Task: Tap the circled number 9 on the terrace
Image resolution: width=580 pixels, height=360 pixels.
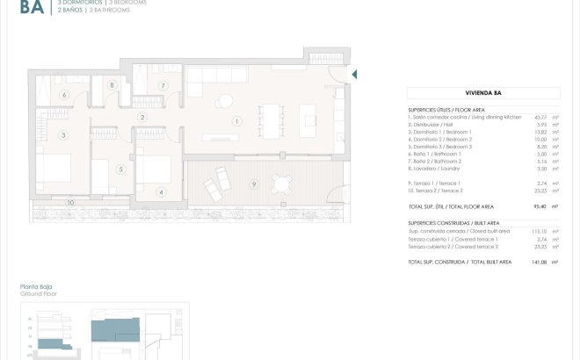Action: click(x=253, y=184)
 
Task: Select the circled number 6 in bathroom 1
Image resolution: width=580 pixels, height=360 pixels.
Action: click(x=63, y=95)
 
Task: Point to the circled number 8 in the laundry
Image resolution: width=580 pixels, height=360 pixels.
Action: click(x=112, y=84)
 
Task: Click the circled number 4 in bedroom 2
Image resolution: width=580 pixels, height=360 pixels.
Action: click(x=161, y=192)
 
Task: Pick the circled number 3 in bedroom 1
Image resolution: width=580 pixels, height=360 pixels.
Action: click(x=63, y=135)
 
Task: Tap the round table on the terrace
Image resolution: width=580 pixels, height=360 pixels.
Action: click(x=281, y=184)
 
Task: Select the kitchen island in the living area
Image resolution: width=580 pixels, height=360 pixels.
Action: click(x=308, y=115)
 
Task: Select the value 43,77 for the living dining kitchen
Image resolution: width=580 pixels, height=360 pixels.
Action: click(x=540, y=117)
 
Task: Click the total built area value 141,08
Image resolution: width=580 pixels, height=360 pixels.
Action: click(x=538, y=263)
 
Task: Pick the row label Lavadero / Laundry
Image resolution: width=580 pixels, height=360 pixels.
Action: click(x=439, y=169)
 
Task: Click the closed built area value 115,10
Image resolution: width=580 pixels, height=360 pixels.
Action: click(x=538, y=232)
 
